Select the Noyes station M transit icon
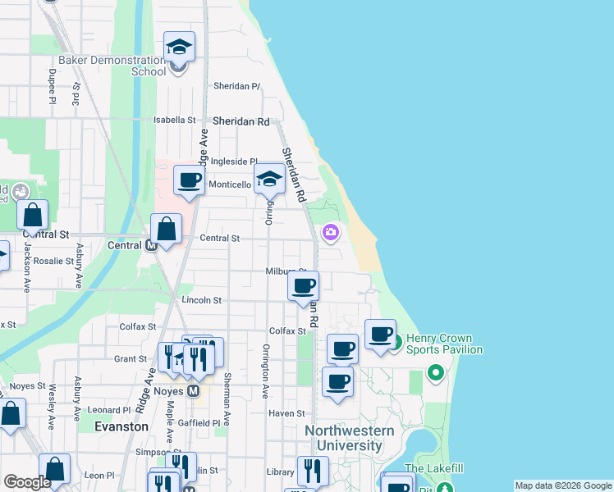tap(193, 392)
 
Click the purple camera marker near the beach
tap(331, 233)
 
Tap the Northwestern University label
tap(350, 439)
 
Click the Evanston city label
tap(121, 426)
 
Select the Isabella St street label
tap(176, 120)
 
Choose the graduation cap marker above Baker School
tap(178, 48)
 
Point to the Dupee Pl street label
tap(52, 87)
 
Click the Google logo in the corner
tap(27, 482)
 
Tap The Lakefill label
tap(433, 468)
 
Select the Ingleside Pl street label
tap(234, 162)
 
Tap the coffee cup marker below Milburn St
tap(304, 286)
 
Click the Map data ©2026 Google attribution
tap(562, 485)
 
